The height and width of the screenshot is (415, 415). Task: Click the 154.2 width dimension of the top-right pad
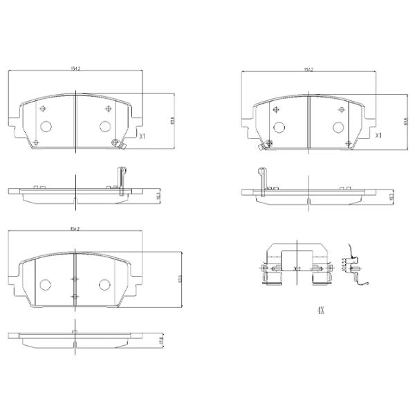tap(308, 69)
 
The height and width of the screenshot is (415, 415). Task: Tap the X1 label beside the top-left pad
tap(142, 136)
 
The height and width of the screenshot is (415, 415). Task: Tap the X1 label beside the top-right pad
tap(377, 136)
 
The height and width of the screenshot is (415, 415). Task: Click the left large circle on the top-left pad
tap(46, 127)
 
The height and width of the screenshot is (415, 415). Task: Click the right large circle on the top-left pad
tap(105, 126)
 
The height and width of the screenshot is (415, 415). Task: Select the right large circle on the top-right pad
tap(339, 127)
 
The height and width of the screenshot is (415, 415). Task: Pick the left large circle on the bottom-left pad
tap(46, 285)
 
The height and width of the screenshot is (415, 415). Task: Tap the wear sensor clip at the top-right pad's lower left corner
tap(264, 145)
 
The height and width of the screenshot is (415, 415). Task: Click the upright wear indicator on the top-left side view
tap(121, 181)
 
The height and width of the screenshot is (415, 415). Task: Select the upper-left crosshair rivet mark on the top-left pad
tap(44, 109)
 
